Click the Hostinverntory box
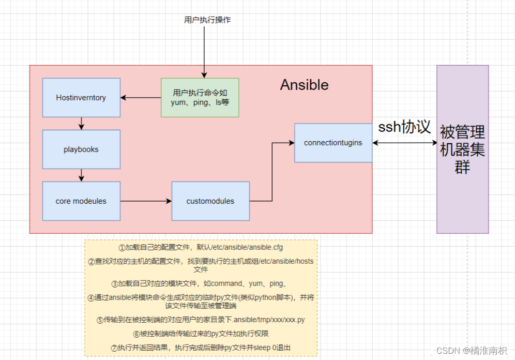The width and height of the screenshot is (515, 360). pyautogui.click(x=81, y=97)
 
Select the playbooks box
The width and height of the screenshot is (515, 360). pyautogui.click(x=81, y=149)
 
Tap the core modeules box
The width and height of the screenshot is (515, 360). pyautogui.click(x=81, y=201)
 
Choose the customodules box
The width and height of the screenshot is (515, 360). pyautogui.click(x=210, y=201)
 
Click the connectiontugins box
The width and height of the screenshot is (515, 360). pyautogui.click(x=333, y=142)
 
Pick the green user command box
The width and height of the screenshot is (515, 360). pyautogui.click(x=200, y=97)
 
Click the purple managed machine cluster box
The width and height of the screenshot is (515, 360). pyautogui.click(x=462, y=149)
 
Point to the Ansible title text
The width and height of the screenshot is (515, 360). pyautogui.click(x=304, y=85)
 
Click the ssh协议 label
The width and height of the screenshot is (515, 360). pyautogui.click(x=404, y=127)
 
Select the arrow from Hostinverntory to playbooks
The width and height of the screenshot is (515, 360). pyautogui.click(x=81, y=123)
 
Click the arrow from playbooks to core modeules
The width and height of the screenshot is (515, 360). pyautogui.click(x=81, y=175)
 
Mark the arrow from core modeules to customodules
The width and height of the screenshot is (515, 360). pyautogui.click(x=146, y=201)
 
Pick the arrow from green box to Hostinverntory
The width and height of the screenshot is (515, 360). pyautogui.click(x=140, y=97)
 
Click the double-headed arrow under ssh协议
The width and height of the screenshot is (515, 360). pyautogui.click(x=404, y=143)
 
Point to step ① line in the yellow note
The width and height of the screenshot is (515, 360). pyautogui.click(x=201, y=247)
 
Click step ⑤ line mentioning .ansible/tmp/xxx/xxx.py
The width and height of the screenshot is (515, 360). pyautogui.click(x=201, y=320)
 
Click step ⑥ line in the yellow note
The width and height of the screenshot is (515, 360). pyautogui.click(x=201, y=334)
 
